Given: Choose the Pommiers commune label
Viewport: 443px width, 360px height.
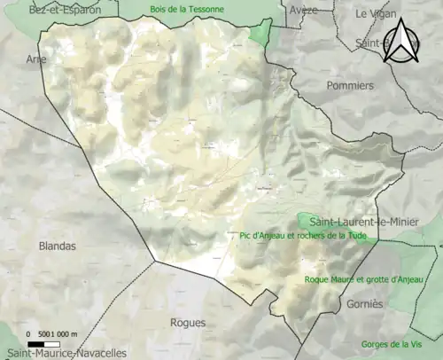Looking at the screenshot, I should click(350, 86).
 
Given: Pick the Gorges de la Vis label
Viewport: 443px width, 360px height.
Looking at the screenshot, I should click(391, 344).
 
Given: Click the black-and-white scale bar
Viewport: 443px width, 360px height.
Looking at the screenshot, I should click(42, 343).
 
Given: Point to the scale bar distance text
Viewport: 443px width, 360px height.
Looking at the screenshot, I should click(52, 333).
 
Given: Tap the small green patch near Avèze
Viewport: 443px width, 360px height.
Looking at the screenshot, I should click(260, 34).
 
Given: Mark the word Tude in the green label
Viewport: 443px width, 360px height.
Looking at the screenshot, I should click(354, 236).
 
